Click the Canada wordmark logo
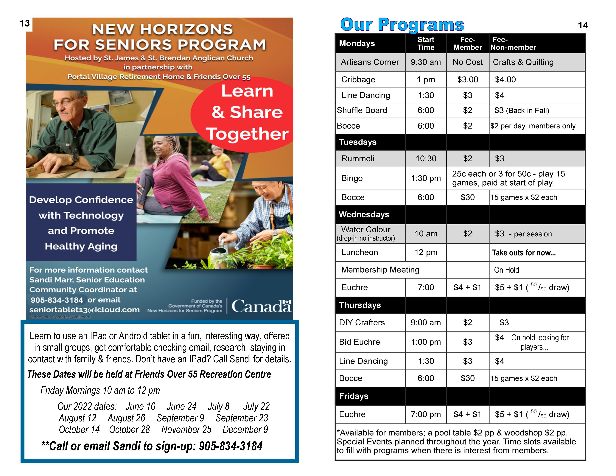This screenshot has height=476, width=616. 261,306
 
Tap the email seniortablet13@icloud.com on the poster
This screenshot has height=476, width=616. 84,310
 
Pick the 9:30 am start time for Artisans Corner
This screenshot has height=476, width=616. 425,62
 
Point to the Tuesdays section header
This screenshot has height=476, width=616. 358,142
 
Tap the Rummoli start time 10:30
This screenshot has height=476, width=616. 426,158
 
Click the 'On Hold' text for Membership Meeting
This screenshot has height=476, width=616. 506,270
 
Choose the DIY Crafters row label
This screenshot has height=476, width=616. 362,322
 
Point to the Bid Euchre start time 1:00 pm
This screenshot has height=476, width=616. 426,342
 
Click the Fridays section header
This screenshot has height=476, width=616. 354,396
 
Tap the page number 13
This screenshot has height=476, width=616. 25,23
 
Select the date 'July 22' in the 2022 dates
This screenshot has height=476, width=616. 256,406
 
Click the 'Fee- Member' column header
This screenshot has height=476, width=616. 467,43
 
